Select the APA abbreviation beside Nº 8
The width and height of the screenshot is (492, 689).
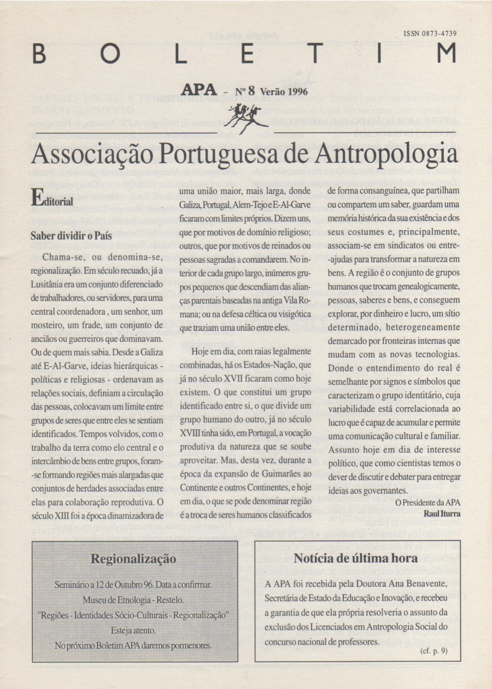coord(199,90)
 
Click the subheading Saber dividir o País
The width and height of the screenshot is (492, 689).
coord(71,236)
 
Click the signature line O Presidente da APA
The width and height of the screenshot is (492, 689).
coord(428,502)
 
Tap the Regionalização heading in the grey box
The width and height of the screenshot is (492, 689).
coord(133,558)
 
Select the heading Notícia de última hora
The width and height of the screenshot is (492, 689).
coord(355,558)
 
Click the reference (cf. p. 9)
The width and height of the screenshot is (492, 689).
coord(434,651)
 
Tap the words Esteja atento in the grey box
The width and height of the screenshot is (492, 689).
coord(133,631)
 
